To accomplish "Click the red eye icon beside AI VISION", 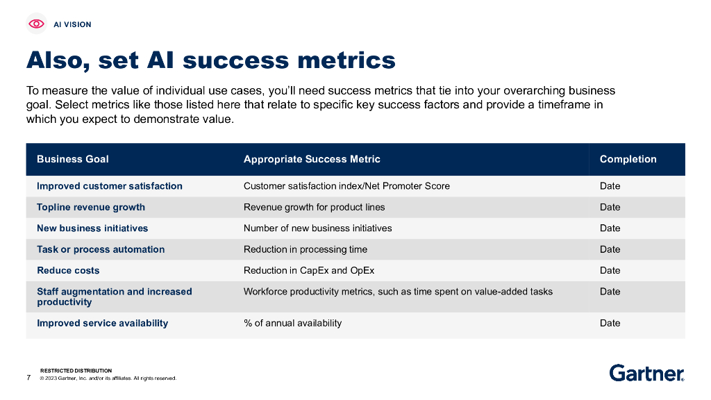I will [36, 24].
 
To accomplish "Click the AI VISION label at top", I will [72, 24].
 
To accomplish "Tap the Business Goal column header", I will [73, 159].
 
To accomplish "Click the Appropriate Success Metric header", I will [312, 159].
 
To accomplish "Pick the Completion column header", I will [628, 159].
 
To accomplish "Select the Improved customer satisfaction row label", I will [110, 186].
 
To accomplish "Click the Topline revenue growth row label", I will [91, 207].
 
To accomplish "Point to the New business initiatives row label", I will [92, 228].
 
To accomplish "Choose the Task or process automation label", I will [101, 249].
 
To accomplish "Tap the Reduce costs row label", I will [68, 270].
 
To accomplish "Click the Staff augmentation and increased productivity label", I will [114, 297].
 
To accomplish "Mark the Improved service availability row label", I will [102, 323].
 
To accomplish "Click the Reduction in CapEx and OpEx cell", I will [309, 270].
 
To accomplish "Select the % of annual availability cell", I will [292, 323].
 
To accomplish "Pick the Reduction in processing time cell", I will [306, 249].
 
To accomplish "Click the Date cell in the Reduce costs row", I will [610, 270].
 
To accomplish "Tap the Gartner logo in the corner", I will [646, 373].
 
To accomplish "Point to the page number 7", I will [28, 378].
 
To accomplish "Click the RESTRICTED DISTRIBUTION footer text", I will [76, 371].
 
